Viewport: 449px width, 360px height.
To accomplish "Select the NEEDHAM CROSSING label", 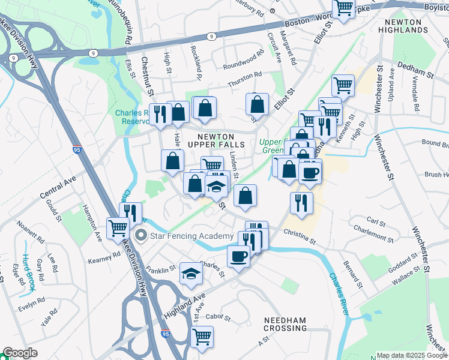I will coord(286,324).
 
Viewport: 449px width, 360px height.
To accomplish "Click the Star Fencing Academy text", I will coord(191,235).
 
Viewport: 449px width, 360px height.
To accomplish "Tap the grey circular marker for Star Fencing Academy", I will coord(141,235).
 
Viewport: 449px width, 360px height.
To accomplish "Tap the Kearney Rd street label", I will coord(104,256).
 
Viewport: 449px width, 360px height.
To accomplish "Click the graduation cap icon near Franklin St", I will coord(191,273).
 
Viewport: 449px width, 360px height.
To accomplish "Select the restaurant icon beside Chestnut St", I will coord(160,114).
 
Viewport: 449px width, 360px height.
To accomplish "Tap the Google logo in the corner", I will coord(20,353).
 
